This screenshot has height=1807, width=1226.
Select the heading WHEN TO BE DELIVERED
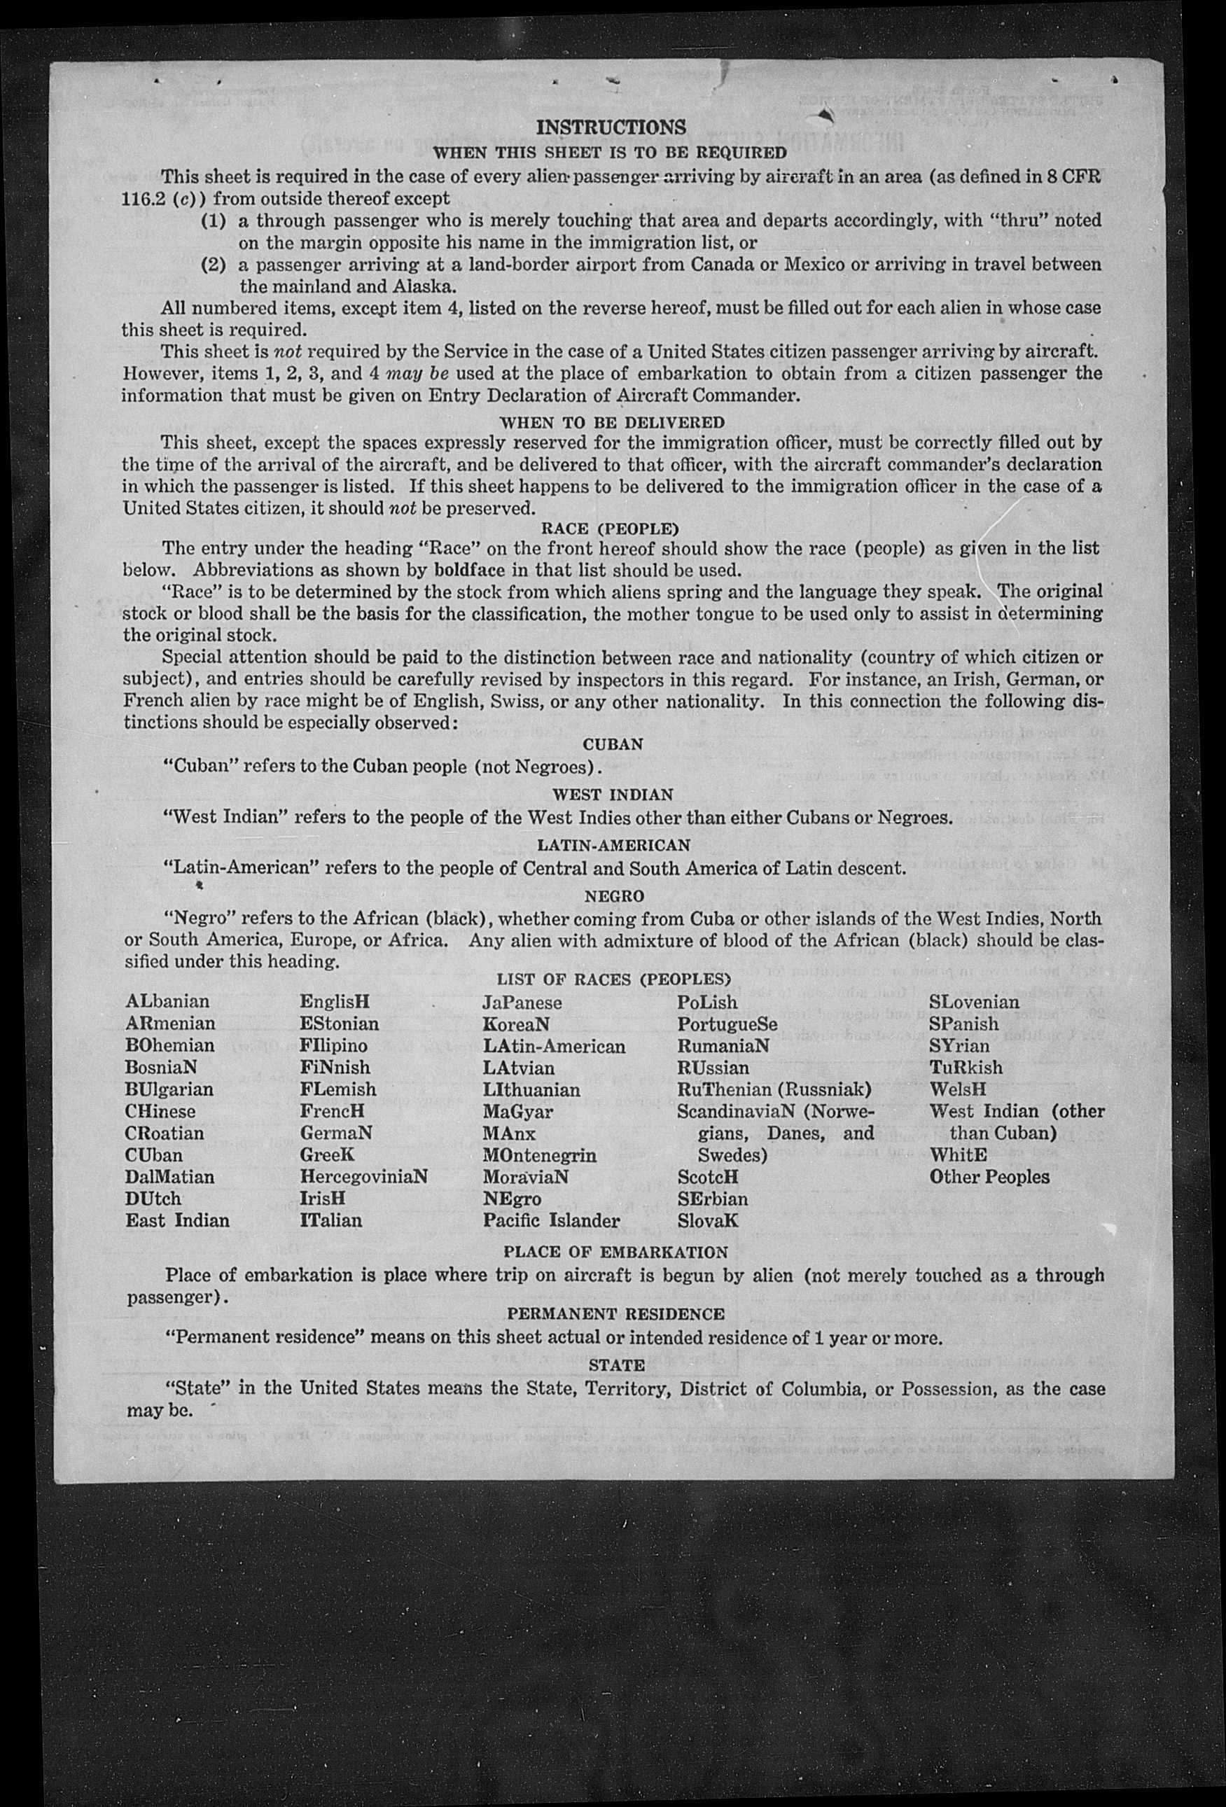tap(612, 422)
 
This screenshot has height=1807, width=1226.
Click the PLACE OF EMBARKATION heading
tap(615, 1252)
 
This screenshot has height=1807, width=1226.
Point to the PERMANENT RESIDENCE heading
tap(615, 1313)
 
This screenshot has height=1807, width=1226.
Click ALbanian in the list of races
tap(167, 1003)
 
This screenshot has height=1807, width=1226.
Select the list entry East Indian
tap(177, 1220)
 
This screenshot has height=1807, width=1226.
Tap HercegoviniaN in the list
tap(363, 1176)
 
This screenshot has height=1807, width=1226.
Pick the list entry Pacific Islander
tap(551, 1220)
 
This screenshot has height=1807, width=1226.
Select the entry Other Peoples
tap(989, 1176)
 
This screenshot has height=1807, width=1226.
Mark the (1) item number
tap(214, 221)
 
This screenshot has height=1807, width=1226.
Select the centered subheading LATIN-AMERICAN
tap(613, 844)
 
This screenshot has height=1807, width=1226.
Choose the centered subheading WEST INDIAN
tap(613, 795)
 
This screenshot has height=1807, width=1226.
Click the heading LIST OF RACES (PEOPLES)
tap(614, 979)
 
